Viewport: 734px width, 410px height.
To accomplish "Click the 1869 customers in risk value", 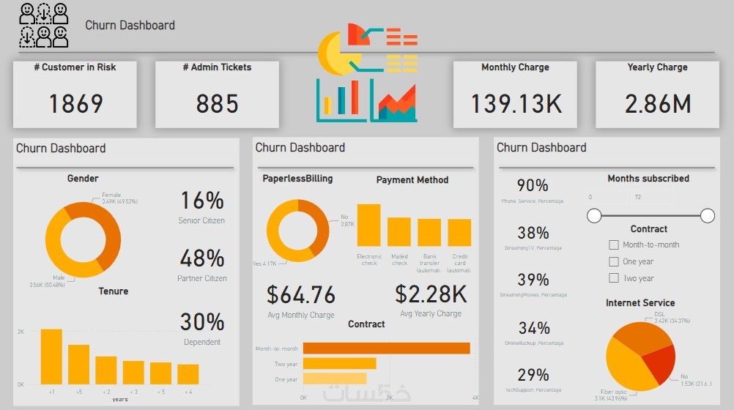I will click(x=75, y=104).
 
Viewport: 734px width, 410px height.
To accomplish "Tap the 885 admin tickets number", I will click(x=217, y=104).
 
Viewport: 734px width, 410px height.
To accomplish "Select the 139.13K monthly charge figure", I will click(x=516, y=104).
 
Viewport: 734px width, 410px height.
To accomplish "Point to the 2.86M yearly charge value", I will click(x=657, y=104).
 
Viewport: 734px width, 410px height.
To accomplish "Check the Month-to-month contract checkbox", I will click(x=614, y=245).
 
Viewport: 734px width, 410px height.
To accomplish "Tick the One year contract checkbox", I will click(x=614, y=261).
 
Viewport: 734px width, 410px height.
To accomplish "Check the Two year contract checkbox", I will click(x=614, y=278).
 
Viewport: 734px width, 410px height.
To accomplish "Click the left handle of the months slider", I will click(x=595, y=215).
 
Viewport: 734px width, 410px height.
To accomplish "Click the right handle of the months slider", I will click(x=708, y=215).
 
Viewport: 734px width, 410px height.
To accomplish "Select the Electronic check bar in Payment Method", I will click(x=368, y=225).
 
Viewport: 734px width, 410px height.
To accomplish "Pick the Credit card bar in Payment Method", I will click(x=459, y=232).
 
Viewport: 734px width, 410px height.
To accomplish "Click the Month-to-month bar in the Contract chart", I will click(x=386, y=348).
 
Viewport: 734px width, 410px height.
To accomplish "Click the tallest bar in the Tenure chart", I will click(x=51, y=357).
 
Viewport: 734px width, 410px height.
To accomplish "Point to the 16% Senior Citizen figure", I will click(x=201, y=201).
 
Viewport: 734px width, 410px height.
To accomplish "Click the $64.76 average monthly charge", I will click(x=300, y=295).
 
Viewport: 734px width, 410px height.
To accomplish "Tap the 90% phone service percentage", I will click(x=533, y=186).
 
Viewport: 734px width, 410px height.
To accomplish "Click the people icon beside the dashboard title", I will click(x=44, y=25).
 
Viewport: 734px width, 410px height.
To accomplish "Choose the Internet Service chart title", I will click(x=640, y=302).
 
